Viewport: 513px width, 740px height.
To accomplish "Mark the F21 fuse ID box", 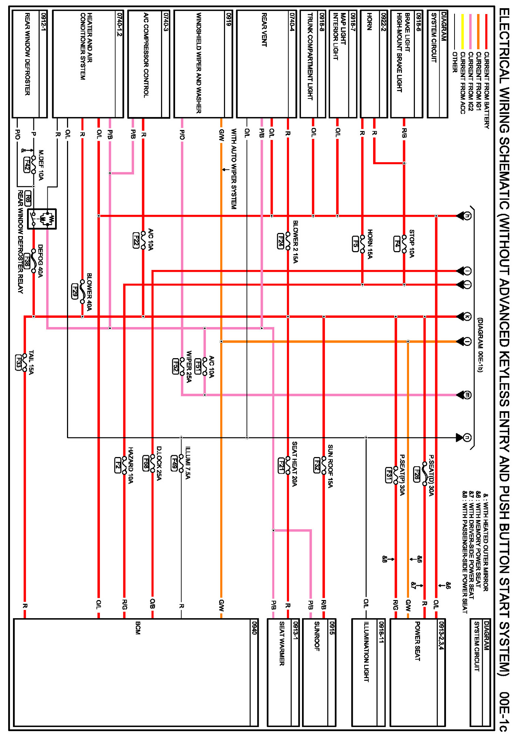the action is [x=281, y=466].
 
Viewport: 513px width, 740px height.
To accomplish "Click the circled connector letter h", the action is [x=467, y=216].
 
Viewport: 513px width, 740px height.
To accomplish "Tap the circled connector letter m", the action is [x=467, y=395].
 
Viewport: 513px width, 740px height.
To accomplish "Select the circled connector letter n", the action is [x=467, y=437].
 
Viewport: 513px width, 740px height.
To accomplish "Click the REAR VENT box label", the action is [x=264, y=30].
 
